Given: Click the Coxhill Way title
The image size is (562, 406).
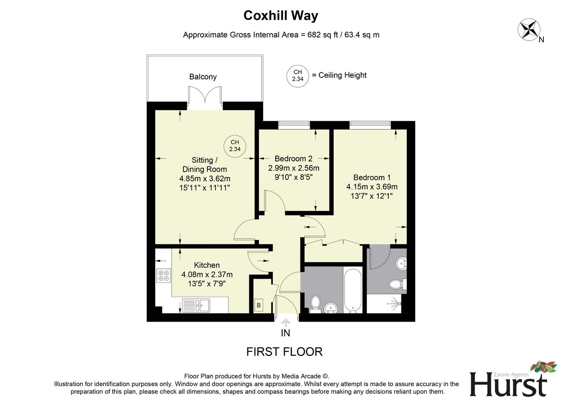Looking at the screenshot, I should [281, 15].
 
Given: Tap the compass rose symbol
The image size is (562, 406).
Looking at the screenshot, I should [529, 30].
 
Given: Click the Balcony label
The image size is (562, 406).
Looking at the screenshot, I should [203, 77].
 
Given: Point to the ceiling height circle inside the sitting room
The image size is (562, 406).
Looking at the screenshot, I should [235, 146].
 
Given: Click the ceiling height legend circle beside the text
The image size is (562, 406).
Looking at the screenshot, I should [298, 76].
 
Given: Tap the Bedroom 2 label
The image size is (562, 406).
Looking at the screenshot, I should [293, 159].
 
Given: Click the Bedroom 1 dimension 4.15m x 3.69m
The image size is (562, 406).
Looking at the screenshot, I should [372, 187].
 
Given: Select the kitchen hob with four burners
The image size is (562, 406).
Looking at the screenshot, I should [163, 276].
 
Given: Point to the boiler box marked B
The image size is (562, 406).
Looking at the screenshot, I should [258, 305].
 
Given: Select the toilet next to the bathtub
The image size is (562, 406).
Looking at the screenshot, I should [315, 303].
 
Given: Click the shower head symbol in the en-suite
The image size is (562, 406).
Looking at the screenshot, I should [394, 302].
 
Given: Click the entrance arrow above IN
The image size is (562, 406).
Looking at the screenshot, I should [286, 323].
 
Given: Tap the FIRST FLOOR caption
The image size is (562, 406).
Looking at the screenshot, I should [284, 352].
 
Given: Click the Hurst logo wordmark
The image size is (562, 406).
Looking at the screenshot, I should [508, 384].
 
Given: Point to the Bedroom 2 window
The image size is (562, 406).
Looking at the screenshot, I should [294, 125].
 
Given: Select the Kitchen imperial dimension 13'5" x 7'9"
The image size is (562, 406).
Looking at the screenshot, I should [207, 284].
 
